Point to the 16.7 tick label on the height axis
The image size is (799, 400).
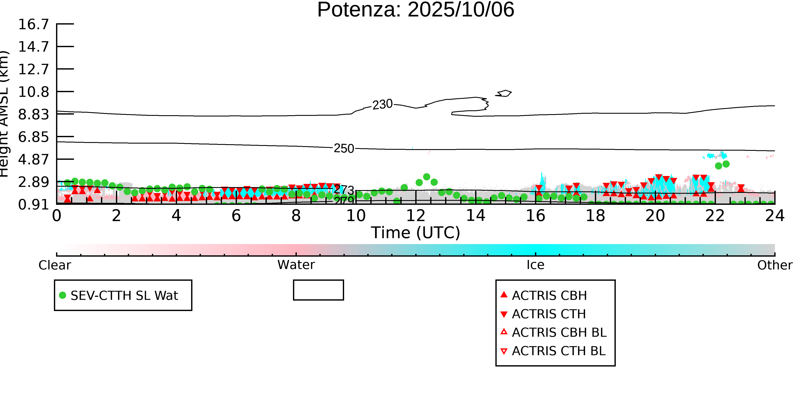33,24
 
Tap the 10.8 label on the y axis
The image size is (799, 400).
33,92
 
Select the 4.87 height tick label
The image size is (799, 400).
33,159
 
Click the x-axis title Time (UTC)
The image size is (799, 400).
416,232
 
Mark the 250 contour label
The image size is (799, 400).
344,148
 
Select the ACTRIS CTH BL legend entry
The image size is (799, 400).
558,351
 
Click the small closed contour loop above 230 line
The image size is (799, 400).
504,93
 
